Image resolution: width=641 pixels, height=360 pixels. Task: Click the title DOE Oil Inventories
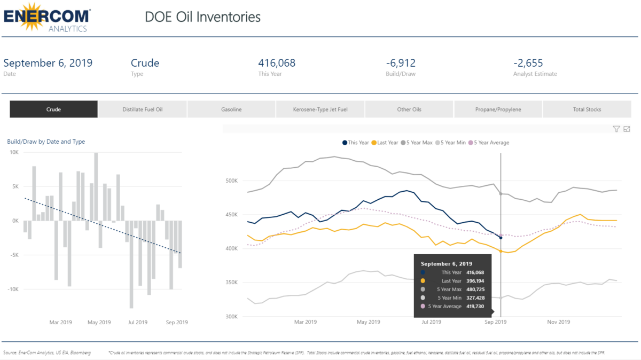point(202,17)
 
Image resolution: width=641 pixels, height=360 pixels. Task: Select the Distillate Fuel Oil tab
point(142,109)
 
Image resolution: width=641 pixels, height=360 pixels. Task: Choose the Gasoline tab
point(231,109)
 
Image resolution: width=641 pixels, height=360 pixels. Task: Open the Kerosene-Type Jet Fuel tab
point(320,109)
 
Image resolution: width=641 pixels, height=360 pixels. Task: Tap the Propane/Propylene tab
point(498,109)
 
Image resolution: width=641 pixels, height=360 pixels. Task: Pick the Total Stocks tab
point(587,109)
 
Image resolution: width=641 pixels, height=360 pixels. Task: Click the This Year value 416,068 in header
point(276,63)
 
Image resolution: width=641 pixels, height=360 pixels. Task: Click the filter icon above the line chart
point(616,129)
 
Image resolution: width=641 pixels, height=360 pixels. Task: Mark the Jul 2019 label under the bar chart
point(138,322)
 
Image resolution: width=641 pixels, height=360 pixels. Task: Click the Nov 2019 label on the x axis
point(558,322)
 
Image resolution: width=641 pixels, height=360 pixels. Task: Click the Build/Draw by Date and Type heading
point(46,142)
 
